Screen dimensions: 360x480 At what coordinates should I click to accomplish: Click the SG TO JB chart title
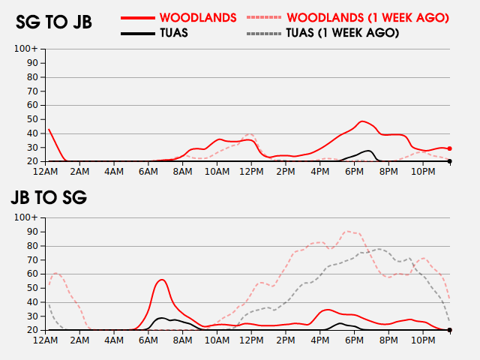point(54,22)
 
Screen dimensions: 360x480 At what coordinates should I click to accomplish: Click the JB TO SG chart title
point(49,198)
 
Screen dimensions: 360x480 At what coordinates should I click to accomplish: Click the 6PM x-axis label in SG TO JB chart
point(354,172)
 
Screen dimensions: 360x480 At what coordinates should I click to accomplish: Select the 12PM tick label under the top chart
point(251,172)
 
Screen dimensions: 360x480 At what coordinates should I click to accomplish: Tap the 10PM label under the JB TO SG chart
point(423,340)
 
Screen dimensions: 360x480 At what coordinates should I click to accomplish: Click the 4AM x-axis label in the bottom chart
point(114,340)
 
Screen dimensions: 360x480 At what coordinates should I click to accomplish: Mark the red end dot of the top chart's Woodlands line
point(449,148)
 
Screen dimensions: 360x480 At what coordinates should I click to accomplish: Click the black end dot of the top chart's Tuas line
point(449,161)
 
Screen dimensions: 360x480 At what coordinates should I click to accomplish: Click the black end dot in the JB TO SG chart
point(449,330)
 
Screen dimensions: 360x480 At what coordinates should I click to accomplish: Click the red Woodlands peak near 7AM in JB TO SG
point(162,280)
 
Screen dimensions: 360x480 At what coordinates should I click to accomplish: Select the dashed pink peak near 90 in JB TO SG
point(347,231)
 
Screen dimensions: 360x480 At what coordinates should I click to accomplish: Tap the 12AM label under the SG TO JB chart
point(46,172)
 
